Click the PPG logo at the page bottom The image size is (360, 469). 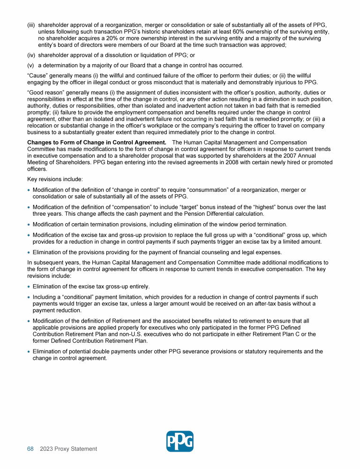[x=180, y=441]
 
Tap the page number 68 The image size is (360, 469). [x=30, y=449]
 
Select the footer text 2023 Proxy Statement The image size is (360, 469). [x=68, y=449]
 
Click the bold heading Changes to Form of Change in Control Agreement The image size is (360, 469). [x=97, y=142]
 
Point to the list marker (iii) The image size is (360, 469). [x=31, y=25]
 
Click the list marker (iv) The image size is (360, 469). [x=31, y=55]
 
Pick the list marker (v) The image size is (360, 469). [x=31, y=65]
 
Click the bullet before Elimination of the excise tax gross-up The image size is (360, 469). [x=29, y=287]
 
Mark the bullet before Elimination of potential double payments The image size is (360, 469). [x=29, y=352]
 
